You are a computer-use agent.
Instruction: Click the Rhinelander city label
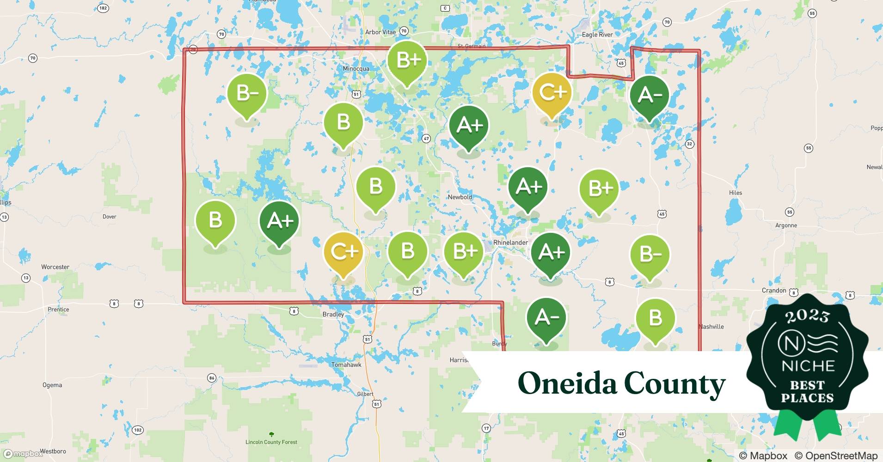(510, 243)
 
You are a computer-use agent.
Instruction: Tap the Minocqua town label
(356, 69)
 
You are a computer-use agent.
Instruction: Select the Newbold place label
(460, 197)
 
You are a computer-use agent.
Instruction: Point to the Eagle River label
(597, 35)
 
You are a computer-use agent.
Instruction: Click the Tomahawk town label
(346, 365)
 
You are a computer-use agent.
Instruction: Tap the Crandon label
(774, 291)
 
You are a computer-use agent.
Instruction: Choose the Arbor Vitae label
(380, 32)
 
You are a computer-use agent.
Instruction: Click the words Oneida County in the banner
(621, 383)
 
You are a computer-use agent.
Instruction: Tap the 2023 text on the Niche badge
(807, 316)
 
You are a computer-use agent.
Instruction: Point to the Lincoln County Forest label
(271, 442)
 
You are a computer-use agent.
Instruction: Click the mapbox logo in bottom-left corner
(23, 454)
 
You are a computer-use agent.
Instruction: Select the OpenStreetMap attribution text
(836, 456)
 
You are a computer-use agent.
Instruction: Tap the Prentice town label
(58, 310)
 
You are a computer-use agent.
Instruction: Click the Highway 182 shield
(103, 8)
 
